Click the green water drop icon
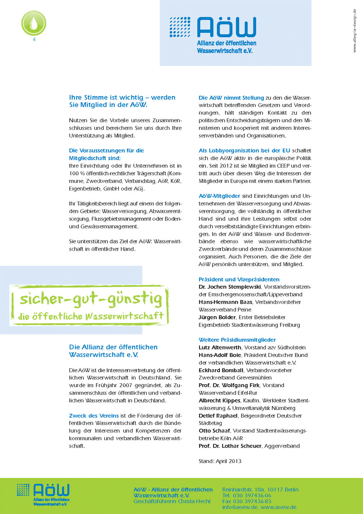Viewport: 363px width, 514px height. click(x=34, y=23)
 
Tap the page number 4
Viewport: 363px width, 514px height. click(x=34, y=40)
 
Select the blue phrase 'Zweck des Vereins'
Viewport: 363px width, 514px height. click(x=92, y=416)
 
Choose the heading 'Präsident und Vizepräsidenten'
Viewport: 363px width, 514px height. click(x=239, y=279)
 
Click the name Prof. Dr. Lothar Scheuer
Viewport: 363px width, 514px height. click(x=229, y=446)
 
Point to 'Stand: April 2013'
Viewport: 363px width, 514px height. click(x=220, y=461)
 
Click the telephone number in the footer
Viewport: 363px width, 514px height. click(x=246, y=495)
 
